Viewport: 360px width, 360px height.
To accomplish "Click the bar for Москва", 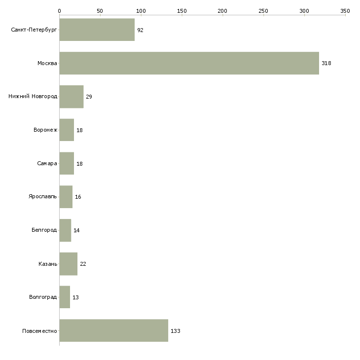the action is [189, 63].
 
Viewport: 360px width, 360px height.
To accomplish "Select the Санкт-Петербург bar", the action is [97, 30].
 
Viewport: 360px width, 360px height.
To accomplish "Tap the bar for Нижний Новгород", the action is [72, 97].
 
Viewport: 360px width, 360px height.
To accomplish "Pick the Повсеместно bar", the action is [114, 330].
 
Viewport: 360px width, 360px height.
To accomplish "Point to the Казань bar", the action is [69, 264].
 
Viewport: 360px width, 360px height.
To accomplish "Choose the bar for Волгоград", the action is [65, 297].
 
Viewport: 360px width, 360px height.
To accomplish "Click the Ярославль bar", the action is [66, 197].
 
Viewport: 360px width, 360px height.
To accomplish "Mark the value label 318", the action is [326, 63].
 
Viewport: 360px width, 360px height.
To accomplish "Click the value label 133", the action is [176, 331].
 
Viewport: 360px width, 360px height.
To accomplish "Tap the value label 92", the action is [140, 30].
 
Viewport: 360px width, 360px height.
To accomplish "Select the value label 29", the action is [89, 97].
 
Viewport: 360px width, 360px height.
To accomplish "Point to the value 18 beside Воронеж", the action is [79, 130].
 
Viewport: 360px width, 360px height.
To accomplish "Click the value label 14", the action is [76, 230].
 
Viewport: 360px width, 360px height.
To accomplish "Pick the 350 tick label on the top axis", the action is [345, 11].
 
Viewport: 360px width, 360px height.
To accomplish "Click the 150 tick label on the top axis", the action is [182, 11].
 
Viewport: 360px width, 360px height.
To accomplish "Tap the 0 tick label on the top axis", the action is [60, 11].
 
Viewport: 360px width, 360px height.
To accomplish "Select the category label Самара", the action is [47, 163].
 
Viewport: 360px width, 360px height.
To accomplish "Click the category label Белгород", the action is [44, 230].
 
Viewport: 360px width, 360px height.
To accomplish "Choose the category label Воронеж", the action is [45, 130].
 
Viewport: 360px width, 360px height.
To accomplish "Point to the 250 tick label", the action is [263, 11].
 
